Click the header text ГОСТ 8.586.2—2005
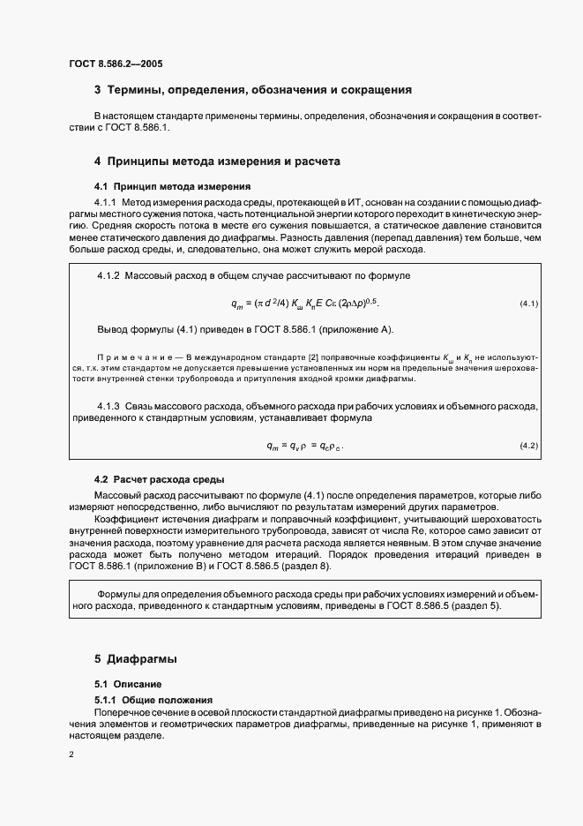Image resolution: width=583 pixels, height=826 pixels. click(x=115, y=64)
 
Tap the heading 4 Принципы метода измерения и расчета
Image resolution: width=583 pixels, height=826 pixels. click(x=217, y=161)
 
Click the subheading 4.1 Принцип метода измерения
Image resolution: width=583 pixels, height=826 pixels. click(x=173, y=186)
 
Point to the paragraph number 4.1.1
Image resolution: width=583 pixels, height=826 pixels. click(x=106, y=204)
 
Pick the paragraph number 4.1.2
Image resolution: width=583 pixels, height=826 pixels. click(x=109, y=276)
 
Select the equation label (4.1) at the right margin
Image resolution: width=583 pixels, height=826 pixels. click(x=528, y=304)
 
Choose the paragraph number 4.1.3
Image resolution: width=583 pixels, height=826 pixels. click(x=109, y=406)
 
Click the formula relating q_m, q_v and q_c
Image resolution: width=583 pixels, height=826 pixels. click(x=304, y=446)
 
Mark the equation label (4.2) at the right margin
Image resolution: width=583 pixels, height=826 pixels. click(x=528, y=446)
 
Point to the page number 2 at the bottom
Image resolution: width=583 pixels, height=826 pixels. click(x=71, y=755)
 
